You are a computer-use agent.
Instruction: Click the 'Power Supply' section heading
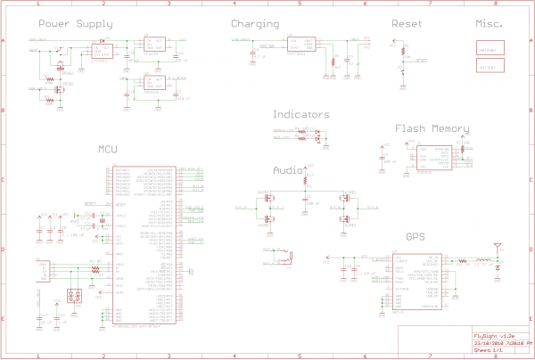coord(76,24)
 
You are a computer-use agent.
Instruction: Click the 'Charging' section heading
coord(255,24)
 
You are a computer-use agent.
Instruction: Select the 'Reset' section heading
coord(407,24)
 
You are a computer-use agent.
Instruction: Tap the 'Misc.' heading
coord(490,24)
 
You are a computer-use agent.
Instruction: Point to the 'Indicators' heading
coord(300,115)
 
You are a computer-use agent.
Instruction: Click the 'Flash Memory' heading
coord(432,129)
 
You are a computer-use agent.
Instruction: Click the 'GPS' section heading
coord(416,237)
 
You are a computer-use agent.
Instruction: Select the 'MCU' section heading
coord(108,151)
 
